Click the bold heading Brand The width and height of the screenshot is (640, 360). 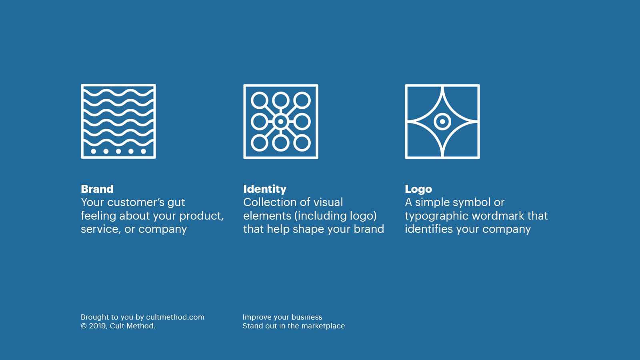click(97, 189)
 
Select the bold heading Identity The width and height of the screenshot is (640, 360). click(265, 189)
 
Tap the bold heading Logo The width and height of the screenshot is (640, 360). click(418, 189)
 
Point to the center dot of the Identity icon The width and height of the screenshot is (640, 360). click(281, 121)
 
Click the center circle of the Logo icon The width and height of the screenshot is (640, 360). click(442, 121)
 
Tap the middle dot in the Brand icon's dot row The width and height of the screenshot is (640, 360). click(118, 151)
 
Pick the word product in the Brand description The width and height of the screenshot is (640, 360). click(200, 216)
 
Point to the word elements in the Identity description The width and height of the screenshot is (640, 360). click(267, 216)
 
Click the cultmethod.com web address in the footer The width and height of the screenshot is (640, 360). click(175, 317)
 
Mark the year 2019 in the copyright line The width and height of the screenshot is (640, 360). click(98, 326)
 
